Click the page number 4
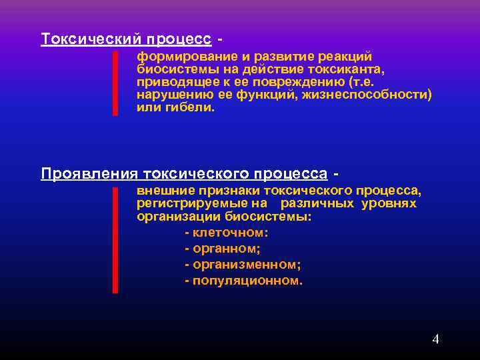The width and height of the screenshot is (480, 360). pyautogui.click(x=435, y=339)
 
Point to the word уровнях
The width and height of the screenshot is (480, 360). pyautogui.click(x=389, y=203)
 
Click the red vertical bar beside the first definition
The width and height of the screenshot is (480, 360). pyautogui.click(x=115, y=83)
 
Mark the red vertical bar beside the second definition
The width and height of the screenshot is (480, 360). pyautogui.click(x=115, y=240)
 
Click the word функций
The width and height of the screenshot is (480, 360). pyautogui.click(x=275, y=95)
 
